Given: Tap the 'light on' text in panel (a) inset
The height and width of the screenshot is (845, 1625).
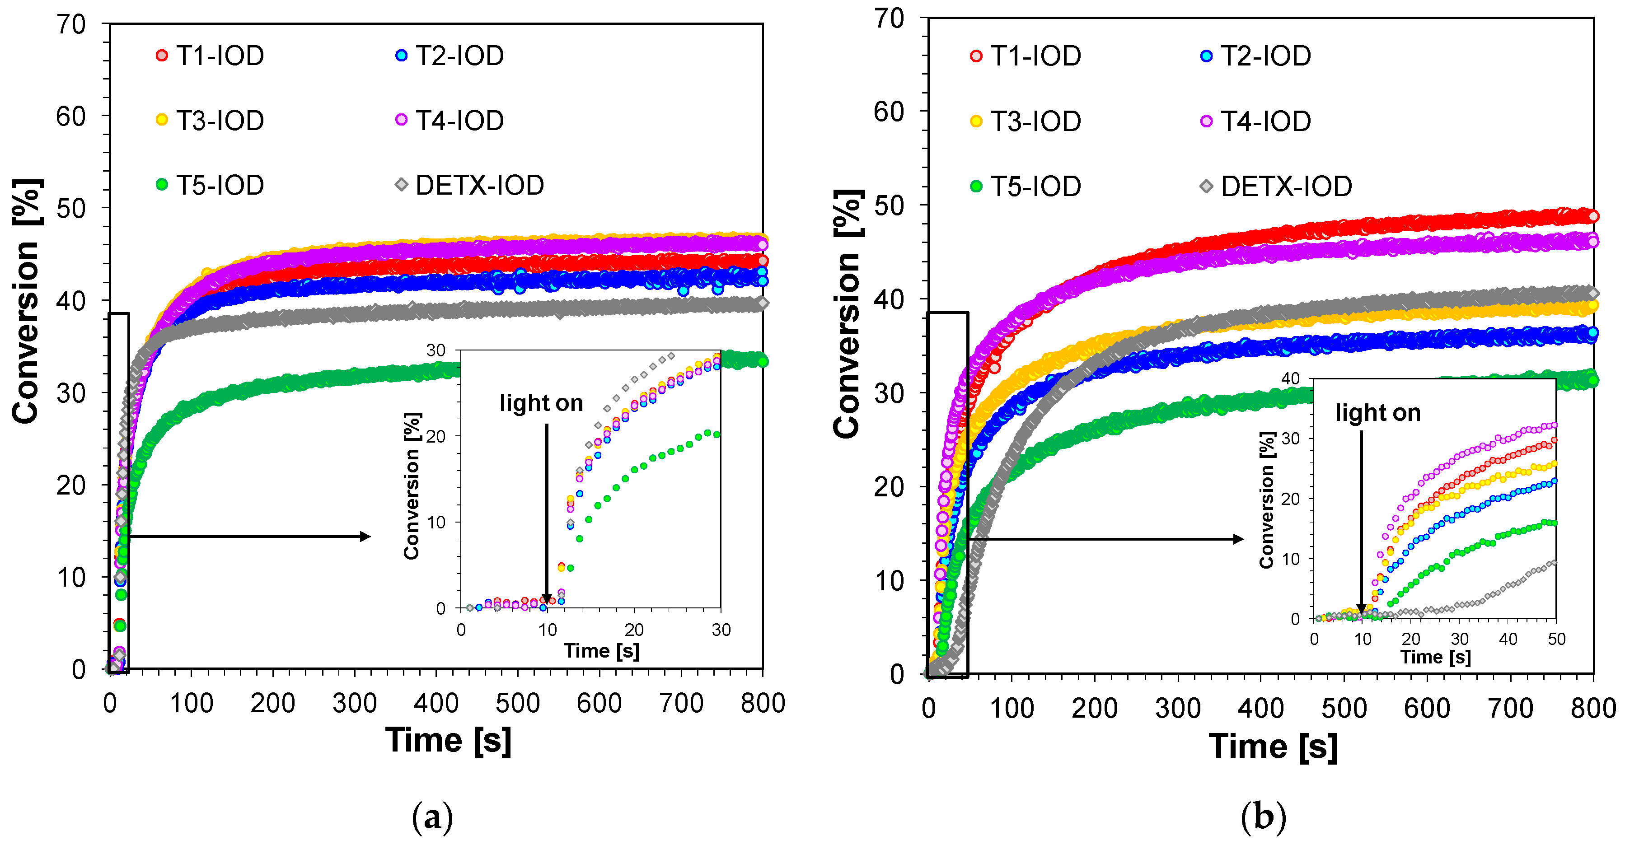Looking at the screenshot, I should click(x=541, y=403).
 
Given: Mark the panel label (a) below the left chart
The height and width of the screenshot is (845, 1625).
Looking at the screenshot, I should click(x=432, y=818).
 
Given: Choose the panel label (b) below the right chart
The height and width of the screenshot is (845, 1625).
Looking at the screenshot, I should click(x=1263, y=818).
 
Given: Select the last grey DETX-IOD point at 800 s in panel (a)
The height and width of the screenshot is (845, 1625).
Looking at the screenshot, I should click(x=763, y=303).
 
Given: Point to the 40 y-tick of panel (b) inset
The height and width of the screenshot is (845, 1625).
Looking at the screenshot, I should click(x=1291, y=378).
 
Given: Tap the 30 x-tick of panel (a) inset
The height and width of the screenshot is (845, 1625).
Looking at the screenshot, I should click(x=721, y=629).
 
